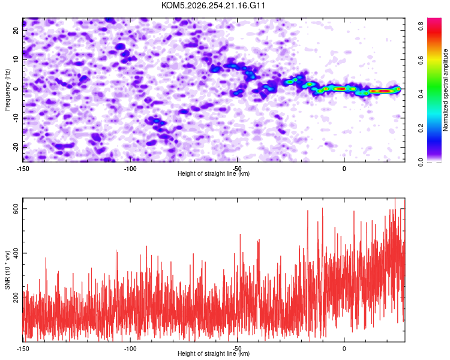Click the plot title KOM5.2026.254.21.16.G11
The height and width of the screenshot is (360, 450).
point(213,5)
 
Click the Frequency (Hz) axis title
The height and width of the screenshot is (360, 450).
point(7,90)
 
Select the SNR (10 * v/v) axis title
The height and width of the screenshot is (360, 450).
point(7,270)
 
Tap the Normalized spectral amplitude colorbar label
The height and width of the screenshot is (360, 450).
point(445,90)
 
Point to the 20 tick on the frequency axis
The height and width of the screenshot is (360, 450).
point(16,30)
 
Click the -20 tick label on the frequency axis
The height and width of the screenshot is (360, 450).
point(16,147)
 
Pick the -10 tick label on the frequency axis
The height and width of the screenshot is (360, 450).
point(16,118)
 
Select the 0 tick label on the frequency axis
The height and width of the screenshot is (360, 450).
point(16,89)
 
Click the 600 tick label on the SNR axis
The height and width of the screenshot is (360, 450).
point(16,209)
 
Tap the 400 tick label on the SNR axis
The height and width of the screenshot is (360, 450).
point(16,253)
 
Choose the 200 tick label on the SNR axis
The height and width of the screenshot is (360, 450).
point(16,298)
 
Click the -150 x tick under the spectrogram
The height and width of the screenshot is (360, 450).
point(23,169)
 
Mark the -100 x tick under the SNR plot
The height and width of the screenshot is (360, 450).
point(130,349)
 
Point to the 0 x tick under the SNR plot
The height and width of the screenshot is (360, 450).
point(344,349)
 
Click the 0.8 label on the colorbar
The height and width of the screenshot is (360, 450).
point(421,26)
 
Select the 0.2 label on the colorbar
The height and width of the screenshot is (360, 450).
point(421,128)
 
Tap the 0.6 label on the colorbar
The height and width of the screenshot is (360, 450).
point(421,60)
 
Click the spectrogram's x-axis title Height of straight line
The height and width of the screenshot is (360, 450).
point(214,173)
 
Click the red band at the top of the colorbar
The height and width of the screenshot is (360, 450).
point(434,32)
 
